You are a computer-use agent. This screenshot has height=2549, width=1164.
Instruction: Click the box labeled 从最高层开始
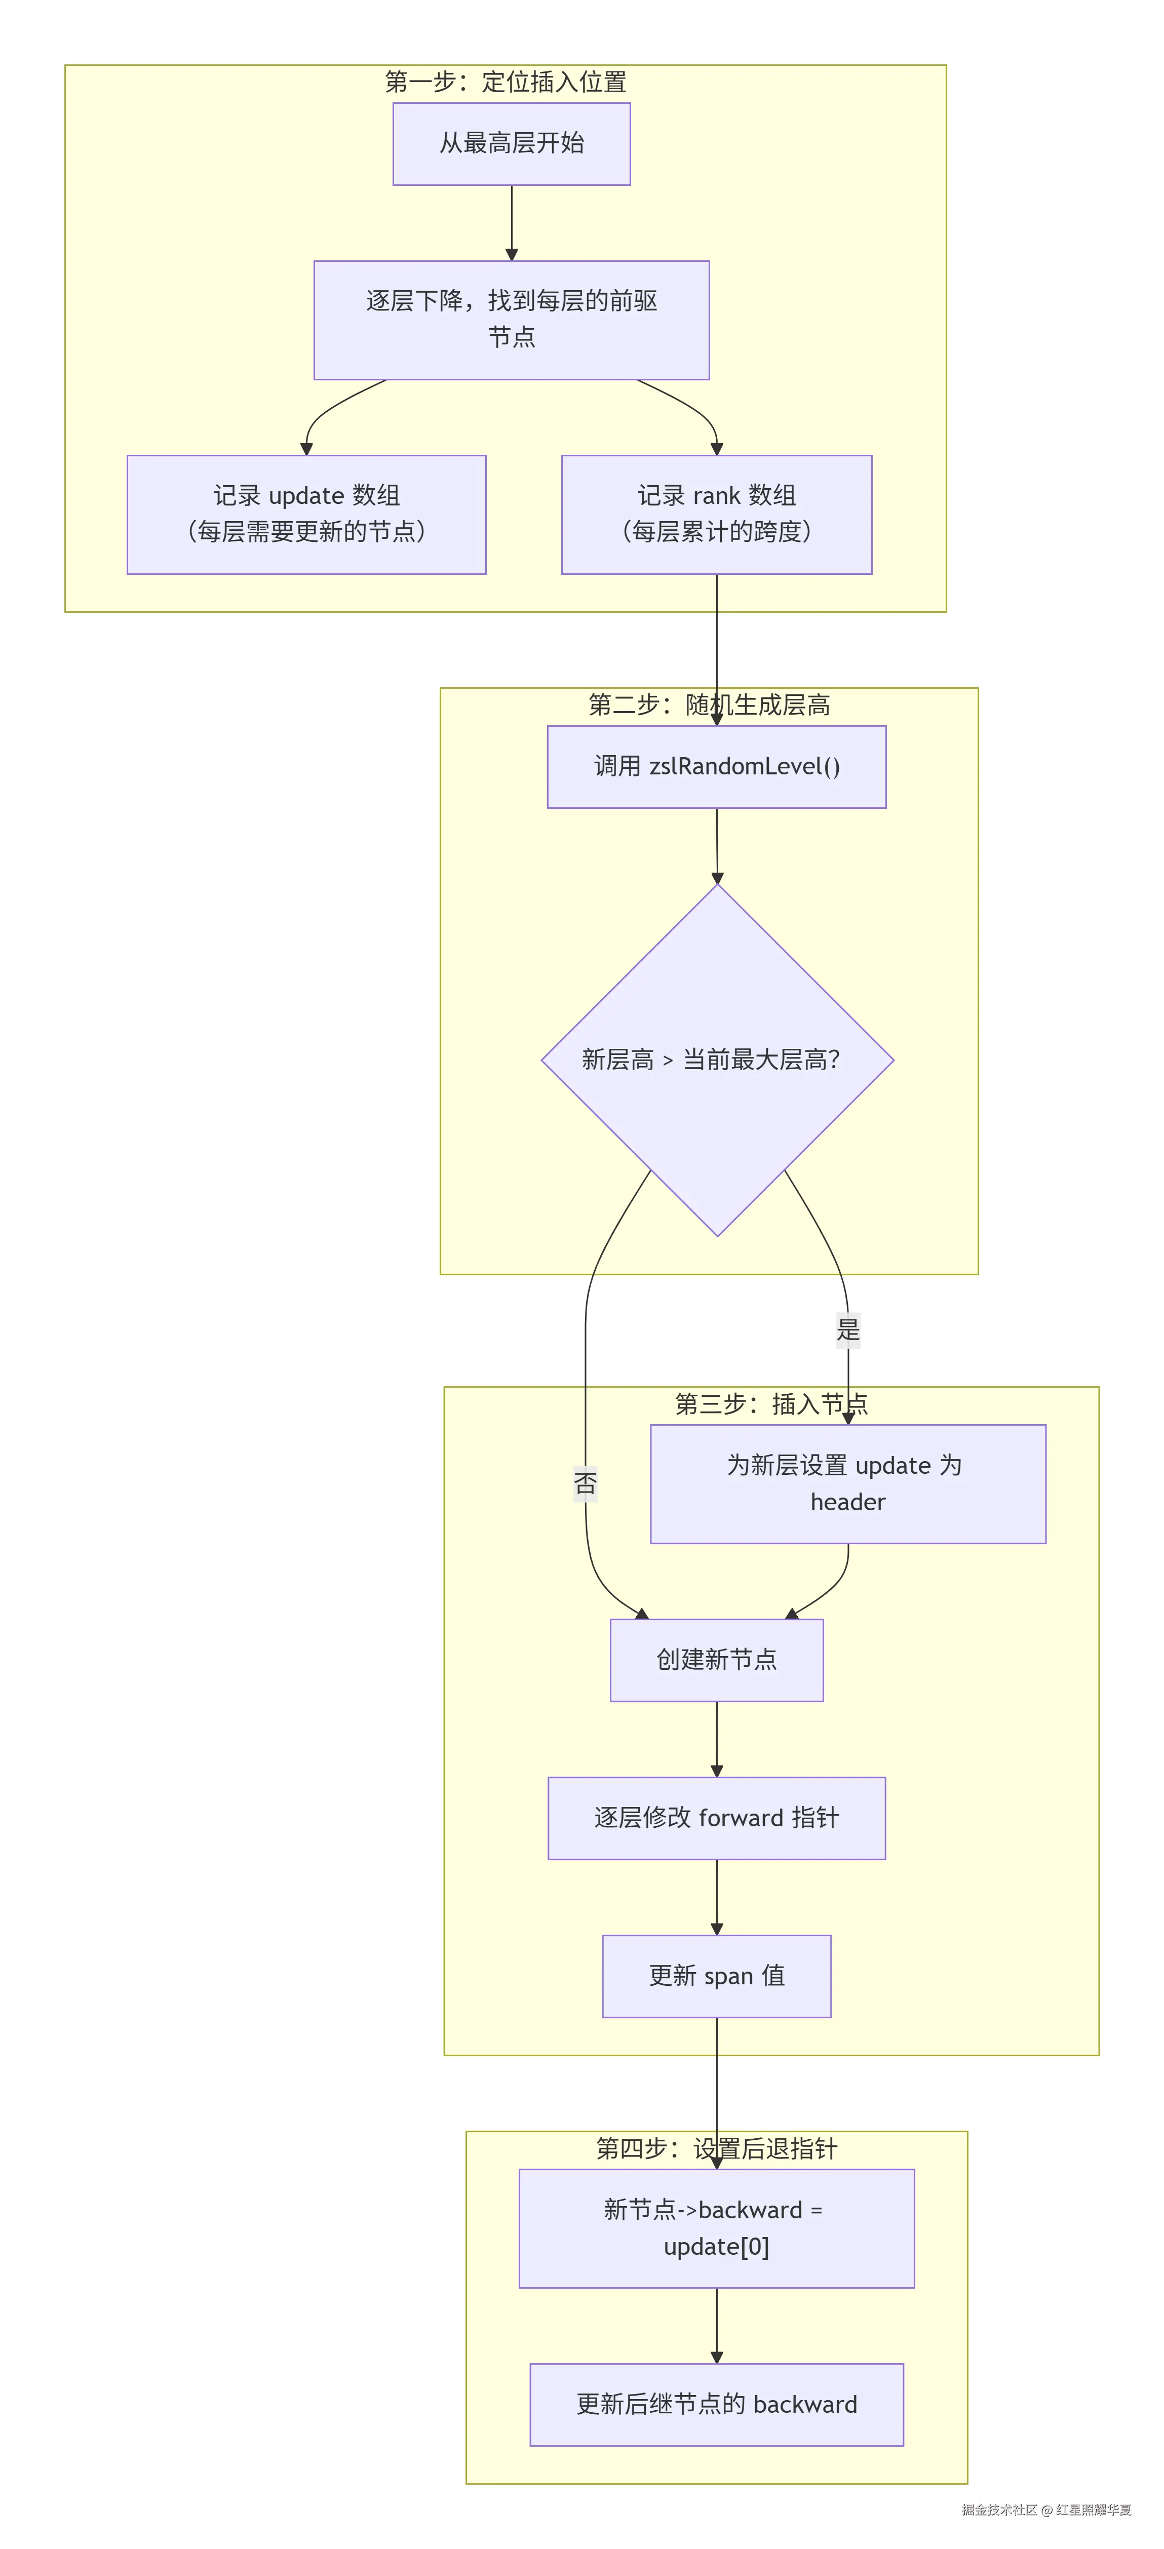click(x=512, y=143)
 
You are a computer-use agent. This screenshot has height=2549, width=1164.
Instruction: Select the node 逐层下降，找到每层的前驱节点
click(x=512, y=320)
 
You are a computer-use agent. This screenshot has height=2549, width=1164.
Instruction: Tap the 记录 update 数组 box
click(x=307, y=515)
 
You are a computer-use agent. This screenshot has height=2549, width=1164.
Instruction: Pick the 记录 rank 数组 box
click(x=717, y=515)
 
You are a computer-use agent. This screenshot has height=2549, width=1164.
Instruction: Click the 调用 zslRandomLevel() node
click(x=717, y=767)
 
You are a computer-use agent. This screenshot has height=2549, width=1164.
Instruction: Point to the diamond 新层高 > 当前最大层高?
click(x=718, y=1060)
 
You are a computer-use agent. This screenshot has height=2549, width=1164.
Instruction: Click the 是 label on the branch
click(x=848, y=1329)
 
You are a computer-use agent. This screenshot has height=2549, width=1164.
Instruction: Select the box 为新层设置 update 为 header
click(x=848, y=1483)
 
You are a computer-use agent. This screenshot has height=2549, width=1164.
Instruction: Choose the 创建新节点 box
click(x=717, y=1660)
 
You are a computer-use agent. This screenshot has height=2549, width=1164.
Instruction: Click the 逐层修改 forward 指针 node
click(x=717, y=1818)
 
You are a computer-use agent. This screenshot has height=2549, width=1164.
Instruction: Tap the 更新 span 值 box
click(x=717, y=1976)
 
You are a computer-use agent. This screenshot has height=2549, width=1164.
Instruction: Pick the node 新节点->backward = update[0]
click(x=717, y=2228)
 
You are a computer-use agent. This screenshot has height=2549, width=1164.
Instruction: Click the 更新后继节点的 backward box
click(x=717, y=2405)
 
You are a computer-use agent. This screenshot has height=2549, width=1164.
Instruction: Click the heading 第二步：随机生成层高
click(x=710, y=704)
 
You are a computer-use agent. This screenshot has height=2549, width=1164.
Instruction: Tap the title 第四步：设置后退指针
click(x=717, y=2148)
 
